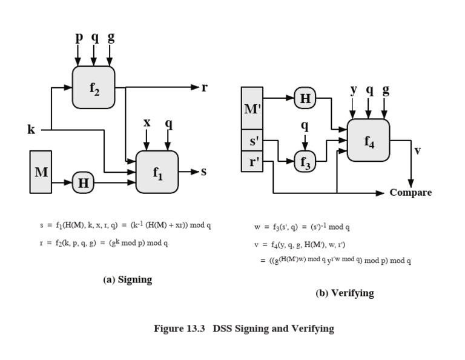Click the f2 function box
tap(93, 88)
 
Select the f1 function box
tap(157, 172)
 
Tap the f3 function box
tap(305, 162)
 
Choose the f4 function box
tap(368, 141)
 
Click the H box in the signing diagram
tap(84, 182)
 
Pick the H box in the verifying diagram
tap(305, 98)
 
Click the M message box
tap(41, 172)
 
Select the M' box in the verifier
tap(252, 109)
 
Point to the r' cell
tap(252, 162)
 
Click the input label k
tap(31, 130)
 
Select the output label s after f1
tap(203, 172)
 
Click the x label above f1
tap(147, 124)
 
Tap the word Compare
tap(411, 193)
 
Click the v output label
tap(417, 150)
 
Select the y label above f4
tap(353, 90)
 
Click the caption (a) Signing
tap(128, 279)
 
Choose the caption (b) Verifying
tap(345, 293)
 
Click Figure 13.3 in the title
tap(179, 329)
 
